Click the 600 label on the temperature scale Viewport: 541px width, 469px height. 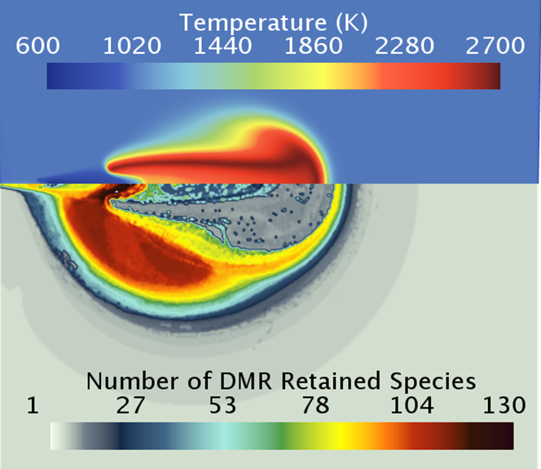37,46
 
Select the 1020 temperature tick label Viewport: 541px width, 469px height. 132,46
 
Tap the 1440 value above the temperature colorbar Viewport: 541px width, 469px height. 223,46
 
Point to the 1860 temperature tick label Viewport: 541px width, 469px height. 314,46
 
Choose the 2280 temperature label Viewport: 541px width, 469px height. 404,46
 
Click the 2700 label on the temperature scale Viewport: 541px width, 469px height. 495,46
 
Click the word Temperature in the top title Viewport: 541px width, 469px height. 253,23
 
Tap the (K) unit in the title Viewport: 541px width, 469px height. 352,23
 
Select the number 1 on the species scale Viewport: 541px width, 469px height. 33,405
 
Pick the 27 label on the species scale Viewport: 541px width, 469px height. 130,405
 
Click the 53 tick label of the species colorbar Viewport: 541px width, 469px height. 223,405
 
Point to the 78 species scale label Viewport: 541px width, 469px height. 315,405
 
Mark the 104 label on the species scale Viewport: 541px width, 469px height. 412,405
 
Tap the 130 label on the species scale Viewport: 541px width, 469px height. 504,405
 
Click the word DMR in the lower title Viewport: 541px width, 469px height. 246,381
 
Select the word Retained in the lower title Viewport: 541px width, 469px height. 332,381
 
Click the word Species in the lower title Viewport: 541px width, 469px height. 433,382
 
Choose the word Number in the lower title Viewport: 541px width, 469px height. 133,381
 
